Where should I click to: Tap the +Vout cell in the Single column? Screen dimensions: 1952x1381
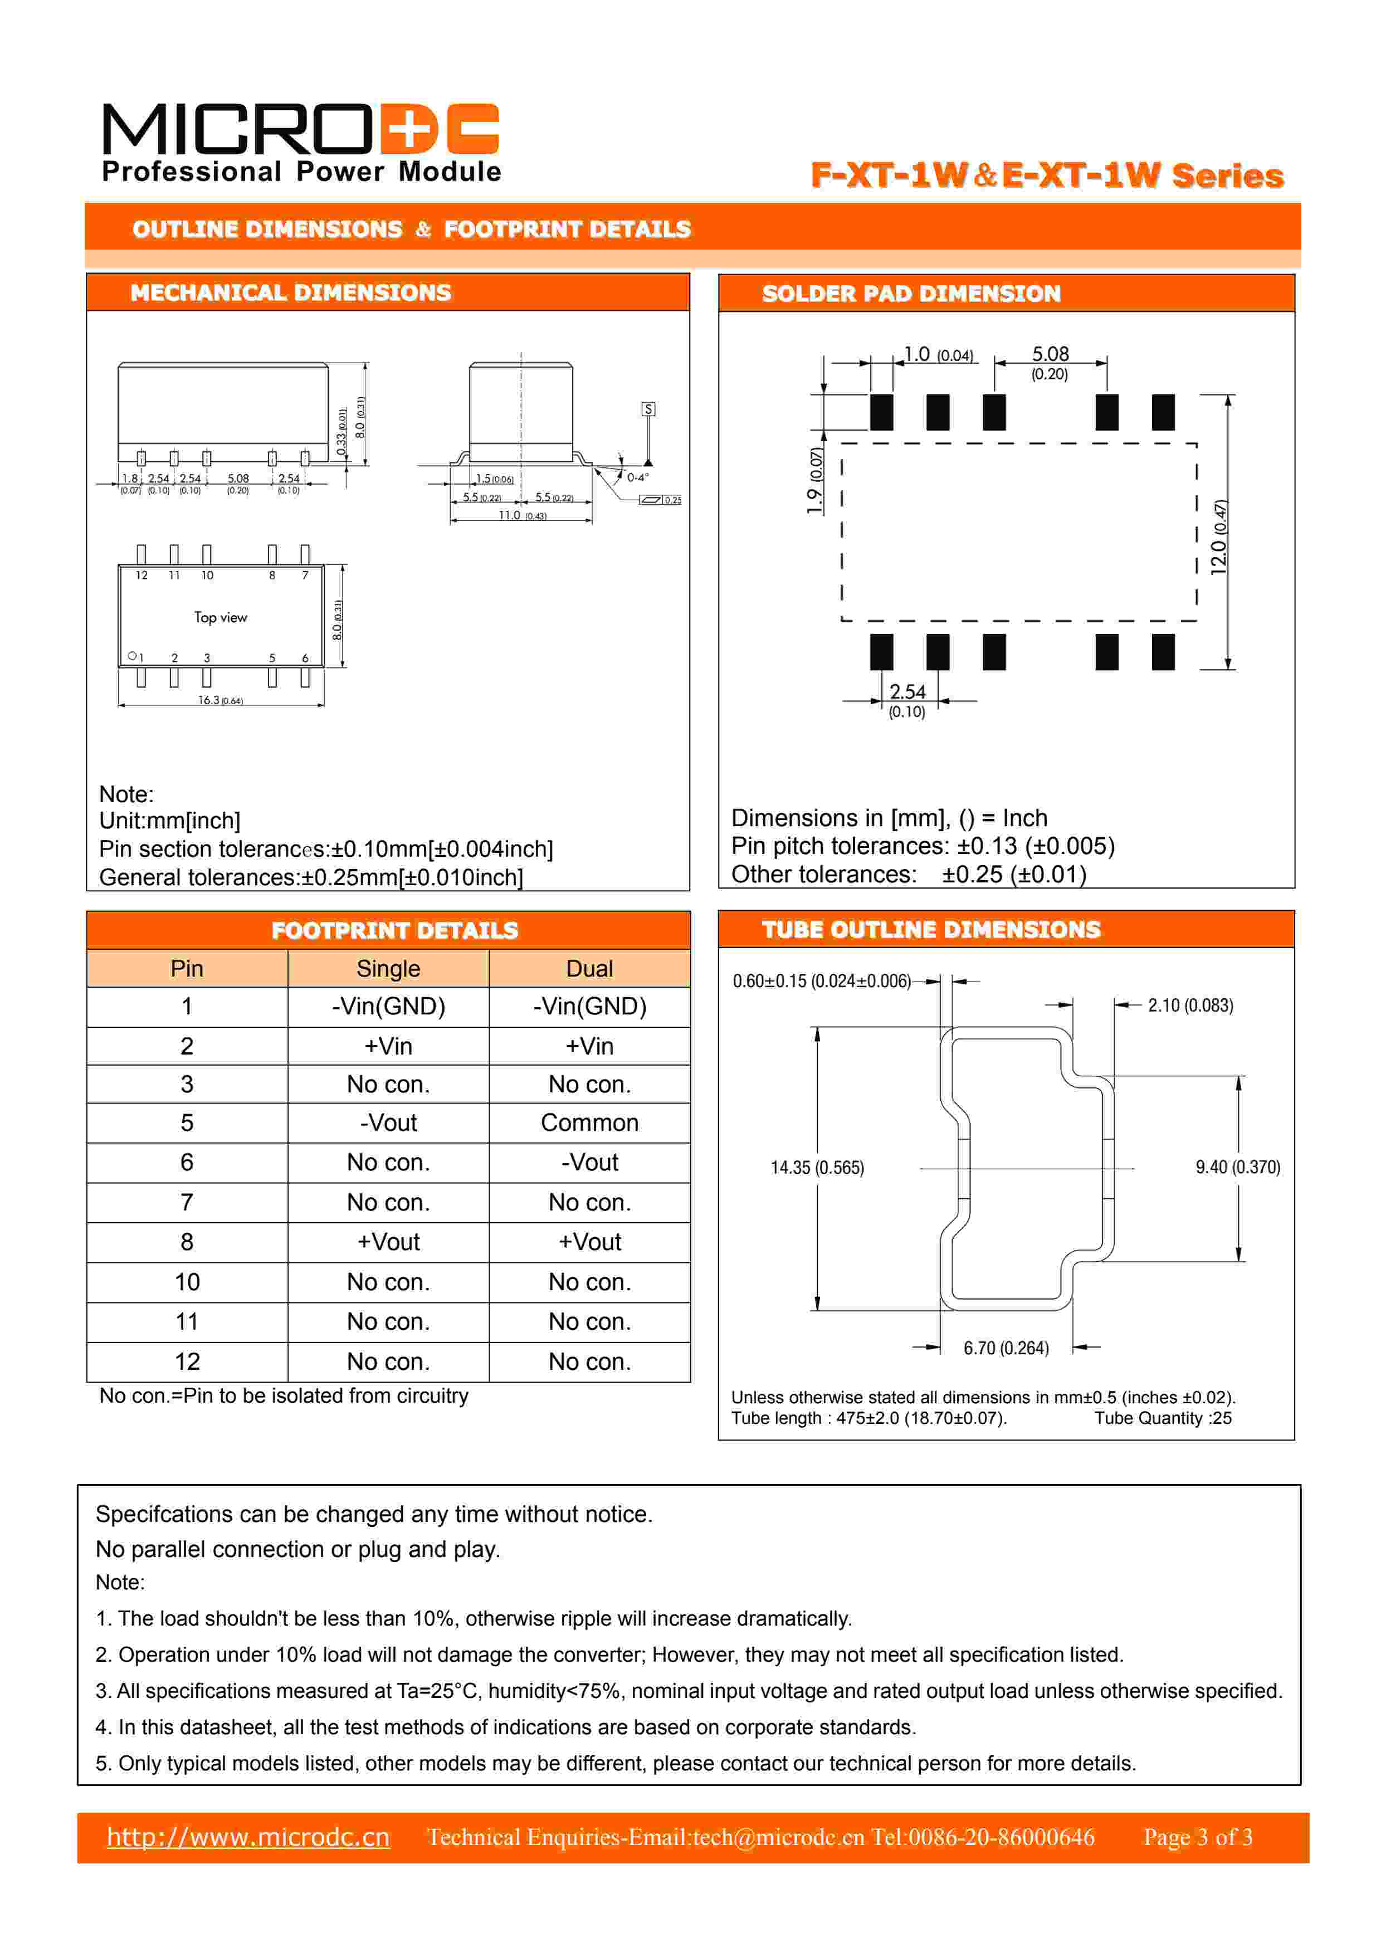tap(388, 1242)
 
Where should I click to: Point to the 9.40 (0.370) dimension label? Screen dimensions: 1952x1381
tap(1237, 1167)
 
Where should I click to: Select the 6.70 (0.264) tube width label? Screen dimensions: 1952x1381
tap(1006, 1348)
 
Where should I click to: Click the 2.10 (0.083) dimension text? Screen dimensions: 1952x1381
tap(1190, 1005)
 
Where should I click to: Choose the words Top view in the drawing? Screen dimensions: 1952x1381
tap(220, 617)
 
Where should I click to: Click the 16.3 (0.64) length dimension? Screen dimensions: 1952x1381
tap(220, 701)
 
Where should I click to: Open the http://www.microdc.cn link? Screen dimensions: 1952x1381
tap(248, 1837)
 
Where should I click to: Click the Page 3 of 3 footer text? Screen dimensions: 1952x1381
tap(1197, 1837)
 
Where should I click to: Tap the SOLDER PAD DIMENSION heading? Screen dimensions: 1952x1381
tap(911, 294)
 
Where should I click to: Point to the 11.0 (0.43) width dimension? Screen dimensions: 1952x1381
tap(522, 515)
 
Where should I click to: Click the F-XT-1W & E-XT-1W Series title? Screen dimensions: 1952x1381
tap(1047, 175)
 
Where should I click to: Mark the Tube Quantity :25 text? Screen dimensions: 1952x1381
tap(1163, 1418)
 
